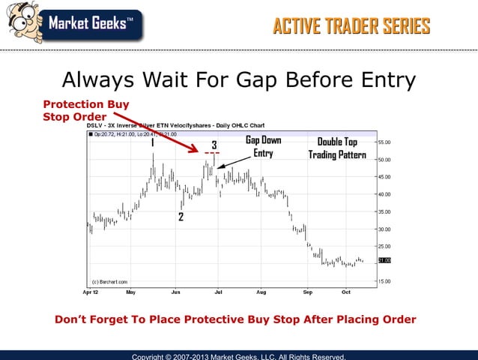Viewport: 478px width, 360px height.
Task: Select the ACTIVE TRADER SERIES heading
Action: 351,27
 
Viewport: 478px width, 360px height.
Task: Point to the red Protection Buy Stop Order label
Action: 86,110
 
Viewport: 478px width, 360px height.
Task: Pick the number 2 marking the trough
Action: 181,217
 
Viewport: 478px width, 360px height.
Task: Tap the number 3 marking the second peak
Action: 214,145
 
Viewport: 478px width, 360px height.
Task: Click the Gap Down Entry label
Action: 263,147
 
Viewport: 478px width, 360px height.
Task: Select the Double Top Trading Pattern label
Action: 336,148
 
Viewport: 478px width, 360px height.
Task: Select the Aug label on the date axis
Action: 261,291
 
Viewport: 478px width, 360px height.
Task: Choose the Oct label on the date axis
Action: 345,291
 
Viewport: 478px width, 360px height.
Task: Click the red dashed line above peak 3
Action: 211,154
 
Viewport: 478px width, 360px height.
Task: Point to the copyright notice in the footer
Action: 238,356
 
